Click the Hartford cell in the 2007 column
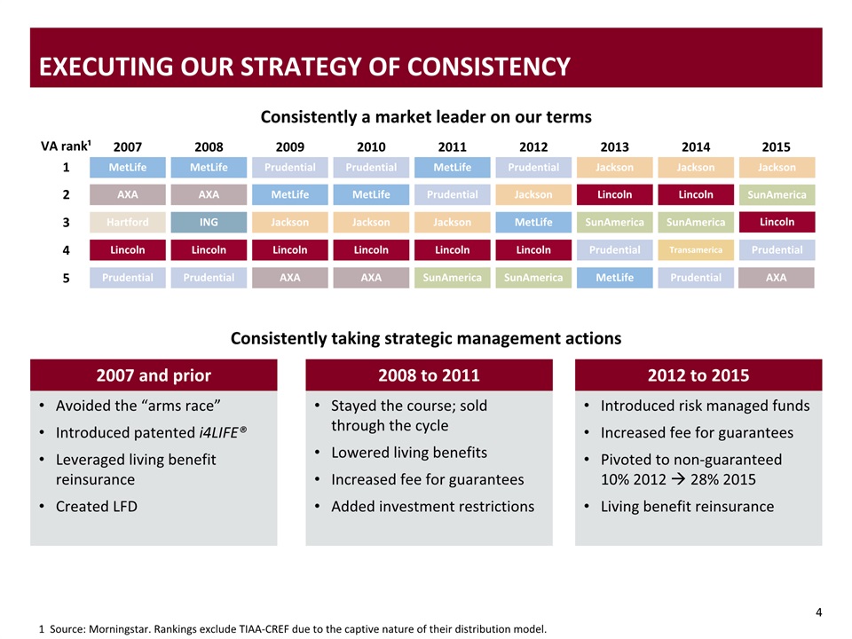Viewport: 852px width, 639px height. click(x=127, y=222)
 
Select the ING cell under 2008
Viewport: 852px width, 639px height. click(x=209, y=222)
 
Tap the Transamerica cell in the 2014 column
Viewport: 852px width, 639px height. click(x=696, y=250)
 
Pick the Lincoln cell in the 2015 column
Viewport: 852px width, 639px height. click(x=777, y=222)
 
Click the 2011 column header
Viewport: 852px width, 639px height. click(x=452, y=146)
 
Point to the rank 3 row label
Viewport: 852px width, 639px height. click(x=66, y=222)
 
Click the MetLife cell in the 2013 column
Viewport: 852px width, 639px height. click(x=614, y=278)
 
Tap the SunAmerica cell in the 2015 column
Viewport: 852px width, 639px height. click(x=777, y=194)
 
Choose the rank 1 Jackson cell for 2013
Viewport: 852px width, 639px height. click(x=614, y=167)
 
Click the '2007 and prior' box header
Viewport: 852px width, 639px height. click(x=154, y=375)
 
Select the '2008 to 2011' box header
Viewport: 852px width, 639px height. click(x=429, y=375)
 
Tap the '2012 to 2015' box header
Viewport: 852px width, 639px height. click(x=698, y=375)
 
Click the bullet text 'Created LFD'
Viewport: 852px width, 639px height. click(x=96, y=507)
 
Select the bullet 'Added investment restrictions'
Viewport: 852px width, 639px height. click(x=432, y=507)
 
